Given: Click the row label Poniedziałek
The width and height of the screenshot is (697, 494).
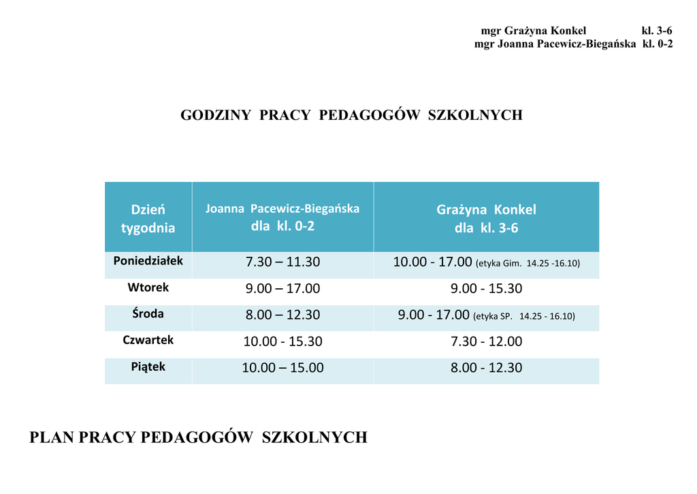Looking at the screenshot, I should click(x=148, y=261).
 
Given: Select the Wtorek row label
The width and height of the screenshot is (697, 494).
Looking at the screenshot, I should click(x=148, y=288).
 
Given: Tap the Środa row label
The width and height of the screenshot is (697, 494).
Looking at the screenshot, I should click(x=148, y=314).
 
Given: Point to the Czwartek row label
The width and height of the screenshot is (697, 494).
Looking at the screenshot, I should click(x=148, y=340).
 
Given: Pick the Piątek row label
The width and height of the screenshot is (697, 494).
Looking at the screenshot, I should click(x=148, y=367).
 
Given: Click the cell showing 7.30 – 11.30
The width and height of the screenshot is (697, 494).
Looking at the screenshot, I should click(x=282, y=262).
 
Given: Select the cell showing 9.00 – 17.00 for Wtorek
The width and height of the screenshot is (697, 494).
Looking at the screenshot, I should click(x=282, y=289).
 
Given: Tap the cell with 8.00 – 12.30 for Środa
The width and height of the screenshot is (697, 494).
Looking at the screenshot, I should click(x=282, y=315).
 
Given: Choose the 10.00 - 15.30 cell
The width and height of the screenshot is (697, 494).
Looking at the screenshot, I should click(x=282, y=341).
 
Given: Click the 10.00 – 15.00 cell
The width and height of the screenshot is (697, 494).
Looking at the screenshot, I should click(x=282, y=368).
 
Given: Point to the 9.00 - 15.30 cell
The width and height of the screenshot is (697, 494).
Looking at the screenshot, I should click(x=486, y=289).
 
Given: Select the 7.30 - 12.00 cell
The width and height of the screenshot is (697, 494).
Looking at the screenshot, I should click(x=486, y=341).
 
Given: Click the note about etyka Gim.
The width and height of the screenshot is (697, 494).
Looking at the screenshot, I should click(x=528, y=263).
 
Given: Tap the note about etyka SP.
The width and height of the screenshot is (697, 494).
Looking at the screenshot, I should click(x=524, y=316).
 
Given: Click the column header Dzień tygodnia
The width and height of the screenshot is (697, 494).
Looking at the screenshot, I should click(x=148, y=218).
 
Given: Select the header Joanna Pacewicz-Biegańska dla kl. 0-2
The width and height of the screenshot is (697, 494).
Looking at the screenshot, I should click(x=282, y=217).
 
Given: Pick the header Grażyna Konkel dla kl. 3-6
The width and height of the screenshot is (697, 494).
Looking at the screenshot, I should click(x=486, y=218).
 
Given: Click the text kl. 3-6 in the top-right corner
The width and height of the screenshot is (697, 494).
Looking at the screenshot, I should click(x=657, y=31).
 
